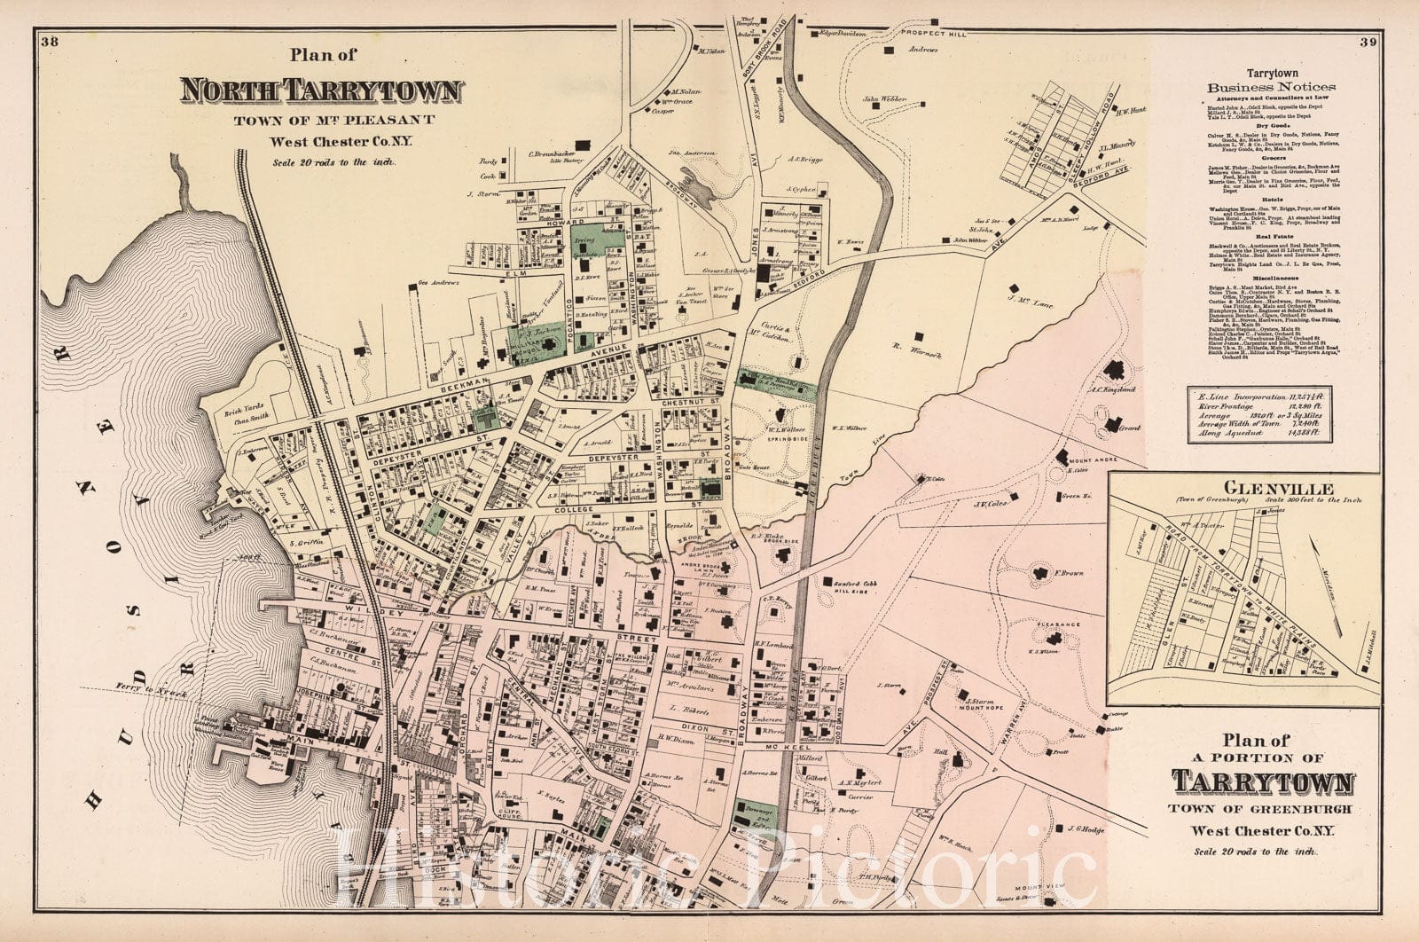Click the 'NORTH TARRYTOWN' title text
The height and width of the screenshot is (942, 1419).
[321, 90]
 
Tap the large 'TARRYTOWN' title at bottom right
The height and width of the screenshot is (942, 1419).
[1264, 782]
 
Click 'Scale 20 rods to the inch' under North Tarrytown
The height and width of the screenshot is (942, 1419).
[320, 161]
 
